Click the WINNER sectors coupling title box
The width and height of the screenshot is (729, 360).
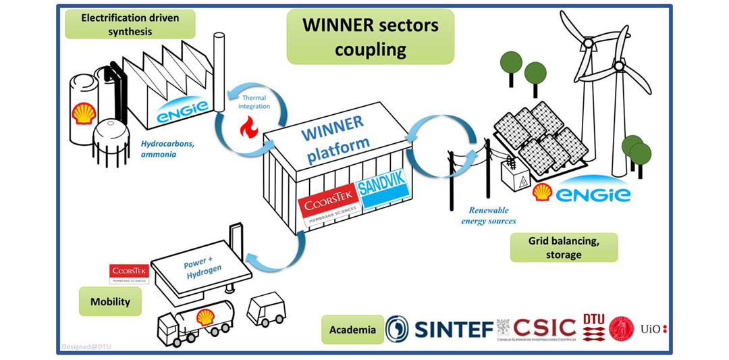[370, 37]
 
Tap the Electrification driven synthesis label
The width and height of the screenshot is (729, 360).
[130, 24]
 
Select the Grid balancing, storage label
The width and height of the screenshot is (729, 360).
[564, 247]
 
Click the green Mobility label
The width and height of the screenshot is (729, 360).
[110, 301]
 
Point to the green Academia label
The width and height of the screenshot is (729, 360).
[352, 330]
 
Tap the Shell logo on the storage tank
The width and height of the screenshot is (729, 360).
[84, 114]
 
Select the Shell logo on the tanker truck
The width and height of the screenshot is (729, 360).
[205, 317]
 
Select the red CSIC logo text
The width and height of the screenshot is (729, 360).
[544, 328]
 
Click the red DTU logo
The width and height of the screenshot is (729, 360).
[593, 328]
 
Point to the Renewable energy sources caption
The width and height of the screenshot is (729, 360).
[489, 215]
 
